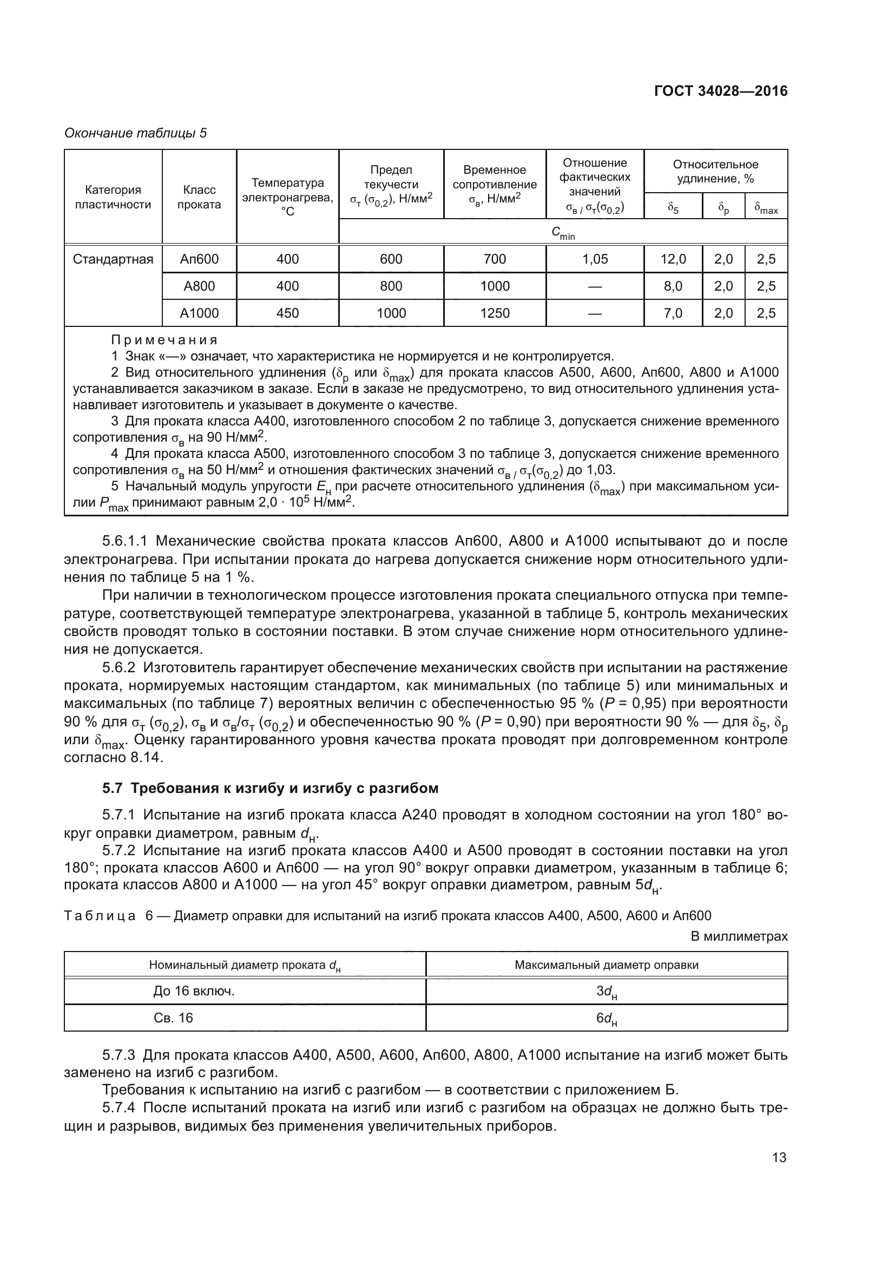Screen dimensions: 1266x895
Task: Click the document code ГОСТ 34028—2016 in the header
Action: pos(720,91)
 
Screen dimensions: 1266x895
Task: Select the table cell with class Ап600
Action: pos(199,259)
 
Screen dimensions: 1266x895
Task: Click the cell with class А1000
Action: pos(199,313)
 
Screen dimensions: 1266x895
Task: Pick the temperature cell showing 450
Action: pos(287,313)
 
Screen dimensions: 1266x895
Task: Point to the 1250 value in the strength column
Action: pos(495,313)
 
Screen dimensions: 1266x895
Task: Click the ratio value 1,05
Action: pos(595,259)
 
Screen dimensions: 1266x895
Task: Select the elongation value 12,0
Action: pos(673,259)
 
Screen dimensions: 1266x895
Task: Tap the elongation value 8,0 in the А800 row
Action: pos(673,286)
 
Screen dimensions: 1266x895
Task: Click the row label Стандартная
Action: pos(113,259)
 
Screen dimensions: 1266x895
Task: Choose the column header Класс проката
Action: pos(199,198)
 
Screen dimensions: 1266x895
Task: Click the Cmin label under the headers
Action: pos(563,233)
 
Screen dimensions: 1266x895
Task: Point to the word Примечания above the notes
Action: pos(164,340)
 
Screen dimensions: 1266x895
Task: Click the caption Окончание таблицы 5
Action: pos(136,133)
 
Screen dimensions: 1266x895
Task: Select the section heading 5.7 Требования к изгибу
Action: pos(270,788)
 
